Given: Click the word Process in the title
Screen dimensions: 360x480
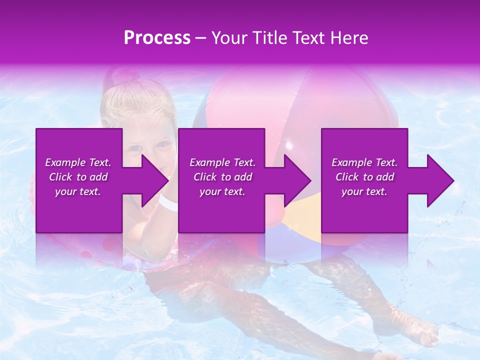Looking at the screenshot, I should coord(157,38).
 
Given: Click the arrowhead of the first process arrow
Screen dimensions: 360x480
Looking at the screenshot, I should coord(154,180).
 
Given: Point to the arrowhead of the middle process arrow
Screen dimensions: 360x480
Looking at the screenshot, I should coord(297,180).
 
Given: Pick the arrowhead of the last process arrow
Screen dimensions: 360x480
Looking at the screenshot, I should coord(440,180).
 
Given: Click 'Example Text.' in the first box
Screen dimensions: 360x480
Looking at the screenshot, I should coord(78,162).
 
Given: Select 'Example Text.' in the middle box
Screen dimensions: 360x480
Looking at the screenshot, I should coord(222,162).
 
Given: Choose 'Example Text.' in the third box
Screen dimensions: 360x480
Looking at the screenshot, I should coord(364,162).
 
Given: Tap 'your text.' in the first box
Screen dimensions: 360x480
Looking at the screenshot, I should coord(78,191).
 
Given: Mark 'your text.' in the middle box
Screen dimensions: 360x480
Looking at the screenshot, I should coord(222,191).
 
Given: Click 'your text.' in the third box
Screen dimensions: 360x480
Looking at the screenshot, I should coord(364,191).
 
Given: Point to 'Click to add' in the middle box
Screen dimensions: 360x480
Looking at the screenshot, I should coord(222,177).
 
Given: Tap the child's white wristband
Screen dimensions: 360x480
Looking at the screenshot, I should coord(169,202).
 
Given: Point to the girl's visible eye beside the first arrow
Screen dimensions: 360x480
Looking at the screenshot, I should coord(161,145).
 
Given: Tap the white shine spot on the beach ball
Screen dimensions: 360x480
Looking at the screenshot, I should coord(288,145).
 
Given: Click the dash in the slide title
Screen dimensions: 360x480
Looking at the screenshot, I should coord(201,38).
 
